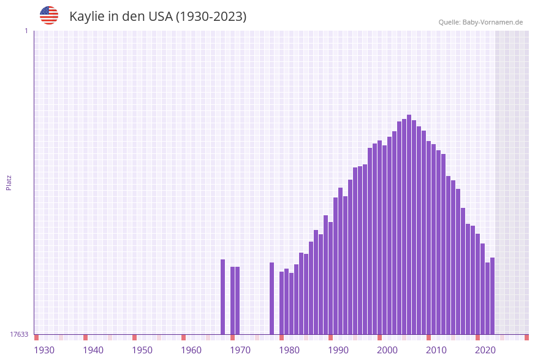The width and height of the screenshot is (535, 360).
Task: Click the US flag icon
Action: tap(49, 15)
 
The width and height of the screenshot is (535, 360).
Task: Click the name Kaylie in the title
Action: tap(88, 17)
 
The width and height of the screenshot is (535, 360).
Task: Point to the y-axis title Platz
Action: tap(9, 182)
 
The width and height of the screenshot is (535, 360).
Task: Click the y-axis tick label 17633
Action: tap(19, 334)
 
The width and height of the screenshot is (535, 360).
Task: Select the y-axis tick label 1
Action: tap(26, 31)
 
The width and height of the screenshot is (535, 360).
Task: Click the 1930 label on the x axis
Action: tap(44, 350)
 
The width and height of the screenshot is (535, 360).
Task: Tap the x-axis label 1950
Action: tap(142, 350)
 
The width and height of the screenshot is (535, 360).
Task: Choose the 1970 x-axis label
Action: tap(240, 350)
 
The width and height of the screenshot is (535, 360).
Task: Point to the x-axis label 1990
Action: tap(338, 350)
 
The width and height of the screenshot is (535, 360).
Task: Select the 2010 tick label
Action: tap(436, 350)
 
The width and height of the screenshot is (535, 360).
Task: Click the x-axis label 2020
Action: tap(485, 350)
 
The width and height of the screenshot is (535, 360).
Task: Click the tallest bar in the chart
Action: tap(409, 224)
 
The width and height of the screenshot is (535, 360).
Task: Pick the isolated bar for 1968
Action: tap(222, 297)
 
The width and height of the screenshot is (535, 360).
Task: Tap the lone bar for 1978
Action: tap(271, 298)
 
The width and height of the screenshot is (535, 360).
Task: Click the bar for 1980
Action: tap(281, 303)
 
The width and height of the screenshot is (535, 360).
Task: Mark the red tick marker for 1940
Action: tap(85, 337)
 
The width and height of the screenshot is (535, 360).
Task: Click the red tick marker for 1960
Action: tap(183, 337)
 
